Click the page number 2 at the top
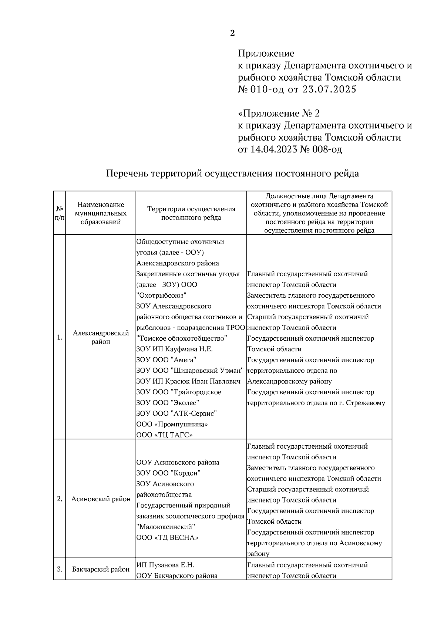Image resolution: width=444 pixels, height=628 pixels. coord(232,33)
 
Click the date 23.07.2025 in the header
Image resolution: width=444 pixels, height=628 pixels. coord(329,90)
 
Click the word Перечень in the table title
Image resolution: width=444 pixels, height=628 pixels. coord(127,173)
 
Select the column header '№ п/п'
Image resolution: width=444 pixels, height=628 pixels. coord(60,213)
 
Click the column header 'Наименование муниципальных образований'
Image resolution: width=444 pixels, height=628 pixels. coord(101,213)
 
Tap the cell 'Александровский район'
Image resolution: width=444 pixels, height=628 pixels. coord(101,337)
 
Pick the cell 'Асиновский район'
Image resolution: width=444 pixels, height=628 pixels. coord(101,499)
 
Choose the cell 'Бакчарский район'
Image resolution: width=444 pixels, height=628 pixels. coord(101,569)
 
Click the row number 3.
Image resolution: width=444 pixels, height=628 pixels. coord(60,569)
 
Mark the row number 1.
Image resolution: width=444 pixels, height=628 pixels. coord(60,337)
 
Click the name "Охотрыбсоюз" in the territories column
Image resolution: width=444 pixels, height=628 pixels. coord(161,295)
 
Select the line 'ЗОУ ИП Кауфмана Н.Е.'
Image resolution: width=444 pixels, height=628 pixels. coord(174,349)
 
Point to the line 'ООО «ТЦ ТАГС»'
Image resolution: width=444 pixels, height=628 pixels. coord(164,435)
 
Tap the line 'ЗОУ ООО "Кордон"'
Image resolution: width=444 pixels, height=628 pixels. coord(168,473)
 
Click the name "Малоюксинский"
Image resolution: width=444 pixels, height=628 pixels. coord(166,527)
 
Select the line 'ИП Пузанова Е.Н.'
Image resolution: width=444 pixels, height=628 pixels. coord(165,565)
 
